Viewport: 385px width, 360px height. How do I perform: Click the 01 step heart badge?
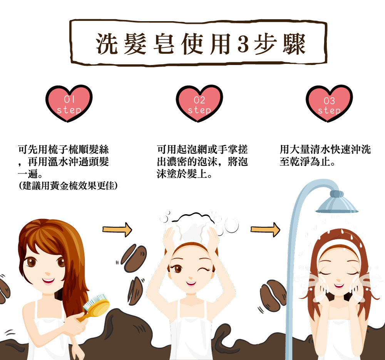(69, 103)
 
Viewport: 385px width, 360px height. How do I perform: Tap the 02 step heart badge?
(199, 103)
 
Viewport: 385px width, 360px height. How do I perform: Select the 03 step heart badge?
(329, 103)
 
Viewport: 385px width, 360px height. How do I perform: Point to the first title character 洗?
(107, 44)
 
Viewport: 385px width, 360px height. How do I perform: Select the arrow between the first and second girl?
(117, 230)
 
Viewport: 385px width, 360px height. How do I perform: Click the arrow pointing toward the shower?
(265, 230)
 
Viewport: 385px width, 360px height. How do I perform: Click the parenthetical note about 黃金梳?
(68, 186)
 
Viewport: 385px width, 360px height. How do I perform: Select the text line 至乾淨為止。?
(307, 162)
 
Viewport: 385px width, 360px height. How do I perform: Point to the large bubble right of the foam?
(231, 225)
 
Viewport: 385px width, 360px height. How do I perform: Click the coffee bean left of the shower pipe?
(273, 295)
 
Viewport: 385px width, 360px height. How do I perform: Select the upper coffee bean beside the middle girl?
(134, 258)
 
